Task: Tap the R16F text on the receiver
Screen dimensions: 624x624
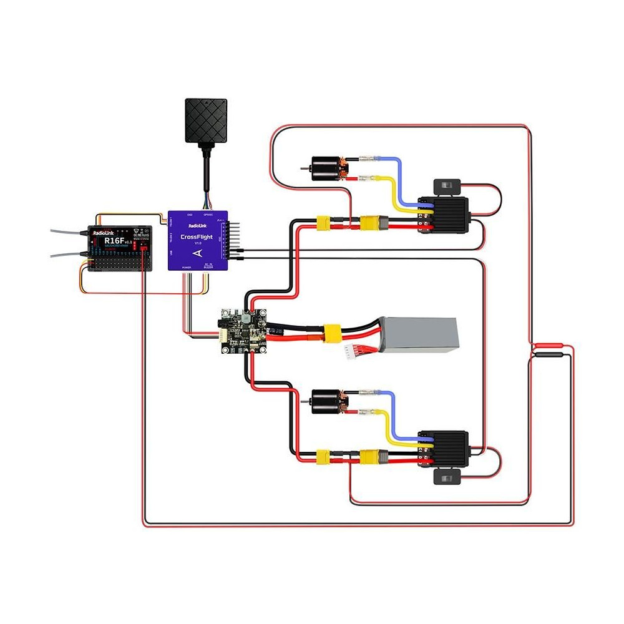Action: (x=114, y=240)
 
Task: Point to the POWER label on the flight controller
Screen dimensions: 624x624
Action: (x=187, y=266)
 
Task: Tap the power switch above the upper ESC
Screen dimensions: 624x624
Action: (x=447, y=185)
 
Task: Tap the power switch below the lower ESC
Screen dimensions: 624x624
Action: (x=447, y=478)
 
